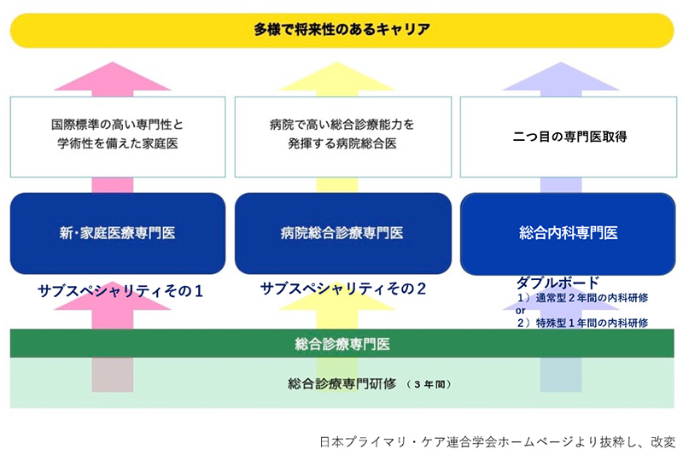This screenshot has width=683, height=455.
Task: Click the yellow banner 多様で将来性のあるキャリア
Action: point(342,30)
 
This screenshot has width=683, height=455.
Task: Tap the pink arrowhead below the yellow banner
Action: point(113,77)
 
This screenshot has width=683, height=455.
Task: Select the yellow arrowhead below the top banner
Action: point(336,77)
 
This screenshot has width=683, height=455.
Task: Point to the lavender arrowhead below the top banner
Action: point(561,77)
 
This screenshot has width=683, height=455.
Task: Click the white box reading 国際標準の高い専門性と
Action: point(118,137)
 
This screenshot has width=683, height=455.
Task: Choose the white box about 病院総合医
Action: point(343,137)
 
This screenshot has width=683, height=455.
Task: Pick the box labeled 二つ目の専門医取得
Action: point(569,137)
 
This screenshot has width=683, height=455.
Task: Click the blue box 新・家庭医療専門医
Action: point(118,233)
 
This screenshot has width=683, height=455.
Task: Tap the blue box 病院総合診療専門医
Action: point(343,233)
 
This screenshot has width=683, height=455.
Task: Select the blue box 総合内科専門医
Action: point(568,234)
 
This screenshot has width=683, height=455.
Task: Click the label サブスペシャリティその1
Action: point(120,291)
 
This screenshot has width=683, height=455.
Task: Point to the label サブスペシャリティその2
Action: point(343,289)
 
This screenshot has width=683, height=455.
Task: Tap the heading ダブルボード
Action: point(558,283)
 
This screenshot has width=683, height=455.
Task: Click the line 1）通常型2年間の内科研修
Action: point(582,298)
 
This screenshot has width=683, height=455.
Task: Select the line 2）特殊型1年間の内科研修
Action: point(582,323)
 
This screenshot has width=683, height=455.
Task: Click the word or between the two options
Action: point(521,311)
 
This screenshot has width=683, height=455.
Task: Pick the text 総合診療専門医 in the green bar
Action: point(342,344)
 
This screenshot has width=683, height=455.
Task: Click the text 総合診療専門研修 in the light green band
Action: point(342,383)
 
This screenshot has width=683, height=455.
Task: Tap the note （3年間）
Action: point(429,384)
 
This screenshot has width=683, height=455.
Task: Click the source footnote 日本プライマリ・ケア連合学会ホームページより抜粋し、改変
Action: point(498,442)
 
